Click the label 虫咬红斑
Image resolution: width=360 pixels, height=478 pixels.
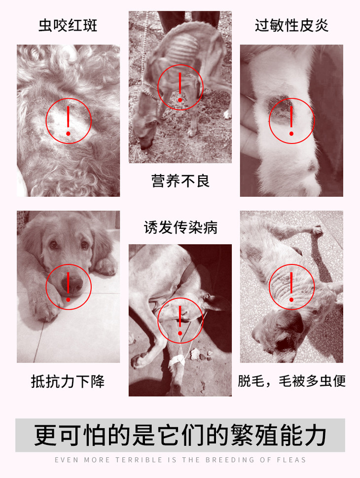click(x=68, y=25)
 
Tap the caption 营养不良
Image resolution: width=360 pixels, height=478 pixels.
click(x=180, y=181)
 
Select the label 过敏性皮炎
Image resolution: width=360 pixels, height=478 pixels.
click(x=292, y=25)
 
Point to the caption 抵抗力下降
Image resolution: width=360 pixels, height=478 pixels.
click(x=68, y=381)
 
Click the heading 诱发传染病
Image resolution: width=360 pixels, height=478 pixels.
click(x=180, y=227)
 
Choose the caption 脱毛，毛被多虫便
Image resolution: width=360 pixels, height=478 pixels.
click(x=292, y=381)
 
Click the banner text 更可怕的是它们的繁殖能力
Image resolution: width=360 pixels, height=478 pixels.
click(x=180, y=435)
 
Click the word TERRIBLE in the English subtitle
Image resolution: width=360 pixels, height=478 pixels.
click(x=139, y=460)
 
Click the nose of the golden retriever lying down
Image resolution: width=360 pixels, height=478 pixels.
click(x=72, y=284)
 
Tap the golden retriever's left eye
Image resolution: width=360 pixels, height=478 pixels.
click(x=54, y=245)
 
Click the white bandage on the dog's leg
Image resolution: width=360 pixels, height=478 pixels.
click(x=177, y=361)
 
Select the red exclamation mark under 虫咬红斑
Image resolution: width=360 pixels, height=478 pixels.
click(x=68, y=121)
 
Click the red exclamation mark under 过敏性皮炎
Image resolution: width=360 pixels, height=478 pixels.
click(x=291, y=121)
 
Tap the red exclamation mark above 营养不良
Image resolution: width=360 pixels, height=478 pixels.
click(x=180, y=87)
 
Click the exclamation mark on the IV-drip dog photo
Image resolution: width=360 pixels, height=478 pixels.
click(x=180, y=321)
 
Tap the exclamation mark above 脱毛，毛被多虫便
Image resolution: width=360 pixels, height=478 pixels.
click(x=291, y=287)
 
